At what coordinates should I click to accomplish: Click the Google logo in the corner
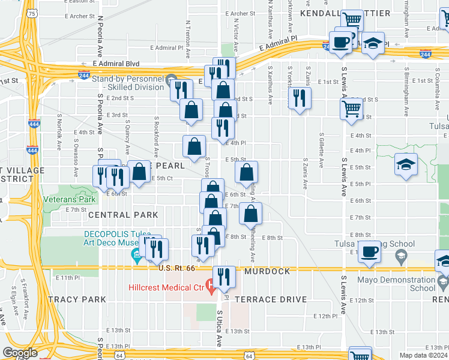tap(20, 353)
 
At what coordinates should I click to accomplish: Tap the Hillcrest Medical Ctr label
tap(166, 287)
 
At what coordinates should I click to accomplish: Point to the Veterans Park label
tap(69, 199)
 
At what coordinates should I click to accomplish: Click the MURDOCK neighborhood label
tap(267, 271)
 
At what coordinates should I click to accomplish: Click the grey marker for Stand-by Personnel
tap(170, 79)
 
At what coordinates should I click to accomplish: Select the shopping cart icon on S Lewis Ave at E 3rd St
tap(351, 109)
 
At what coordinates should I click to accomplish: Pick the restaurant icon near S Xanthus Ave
tap(299, 98)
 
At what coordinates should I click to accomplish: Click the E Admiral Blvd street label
tap(117, 63)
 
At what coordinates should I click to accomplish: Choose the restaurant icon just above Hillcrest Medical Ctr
tap(223, 277)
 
